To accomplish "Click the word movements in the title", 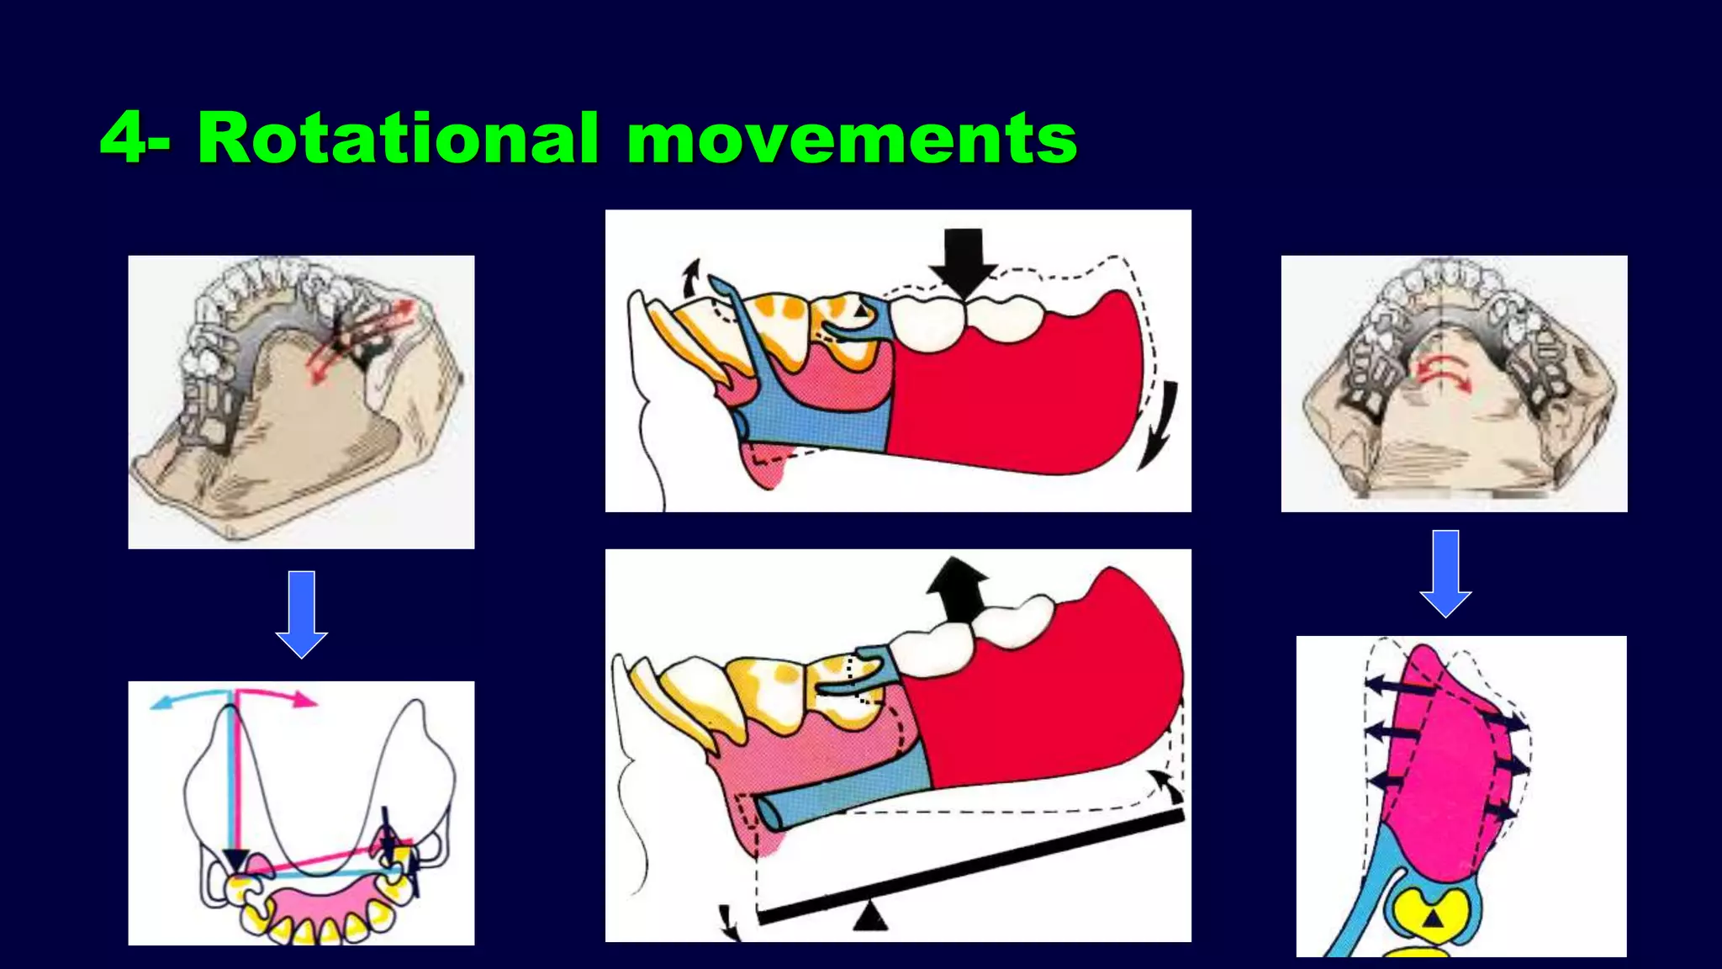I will pyautogui.click(x=852, y=139).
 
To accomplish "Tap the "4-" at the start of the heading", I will pyautogui.click(x=135, y=139).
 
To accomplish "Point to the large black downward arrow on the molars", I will pyautogui.click(x=964, y=262).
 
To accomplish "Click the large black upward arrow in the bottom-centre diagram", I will pyautogui.click(x=957, y=589).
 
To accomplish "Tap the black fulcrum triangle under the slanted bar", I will pyautogui.click(x=870, y=917).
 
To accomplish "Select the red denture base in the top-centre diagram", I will pyautogui.click(x=1017, y=395).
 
